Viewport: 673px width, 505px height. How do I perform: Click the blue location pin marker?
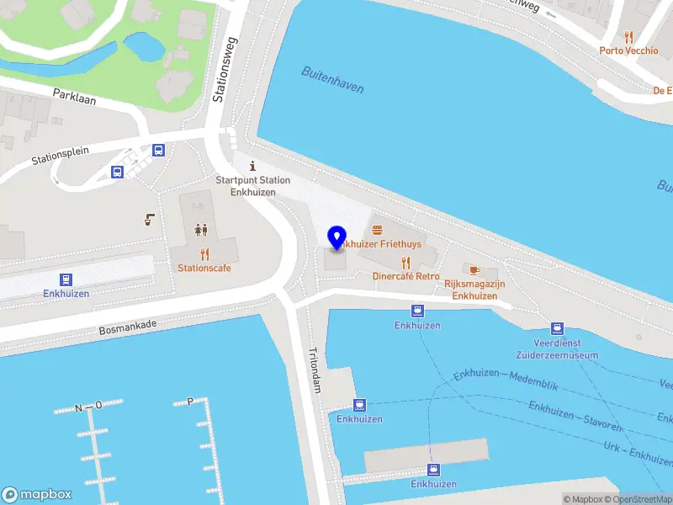click(336, 237)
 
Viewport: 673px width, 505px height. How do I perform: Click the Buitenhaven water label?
click(332, 80)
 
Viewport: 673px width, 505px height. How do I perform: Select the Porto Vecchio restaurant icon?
click(628, 36)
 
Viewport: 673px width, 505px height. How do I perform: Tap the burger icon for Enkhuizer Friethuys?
click(376, 229)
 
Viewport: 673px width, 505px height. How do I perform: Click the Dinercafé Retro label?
click(405, 275)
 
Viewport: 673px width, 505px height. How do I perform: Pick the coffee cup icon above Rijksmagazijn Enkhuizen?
click(474, 269)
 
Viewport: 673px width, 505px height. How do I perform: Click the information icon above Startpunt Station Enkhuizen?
click(252, 166)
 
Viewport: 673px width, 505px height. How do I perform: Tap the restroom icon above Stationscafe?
click(201, 229)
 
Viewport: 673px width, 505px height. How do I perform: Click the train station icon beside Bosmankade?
click(66, 279)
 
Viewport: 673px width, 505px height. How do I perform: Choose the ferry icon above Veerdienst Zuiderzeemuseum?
click(557, 328)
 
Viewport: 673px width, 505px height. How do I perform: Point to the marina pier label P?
click(190, 401)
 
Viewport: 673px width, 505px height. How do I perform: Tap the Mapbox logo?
click(37, 495)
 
